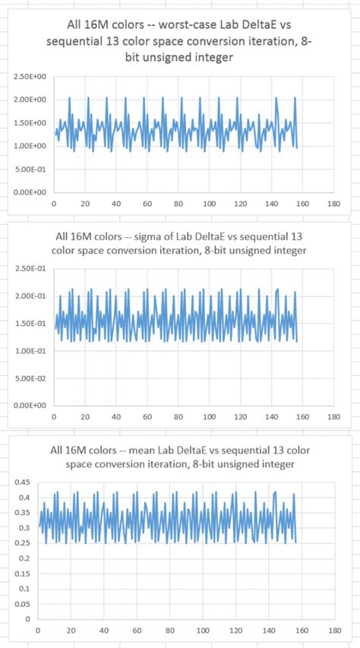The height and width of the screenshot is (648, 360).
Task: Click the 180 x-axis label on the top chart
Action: (x=333, y=204)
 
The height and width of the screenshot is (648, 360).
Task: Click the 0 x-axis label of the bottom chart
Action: (x=37, y=631)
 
